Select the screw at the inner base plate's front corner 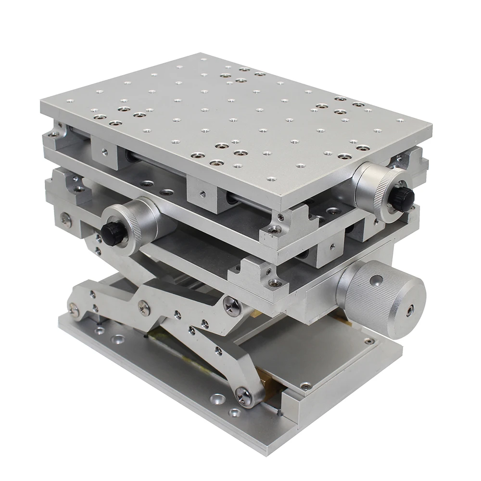[305, 385]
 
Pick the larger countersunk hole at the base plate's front [218, 399]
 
